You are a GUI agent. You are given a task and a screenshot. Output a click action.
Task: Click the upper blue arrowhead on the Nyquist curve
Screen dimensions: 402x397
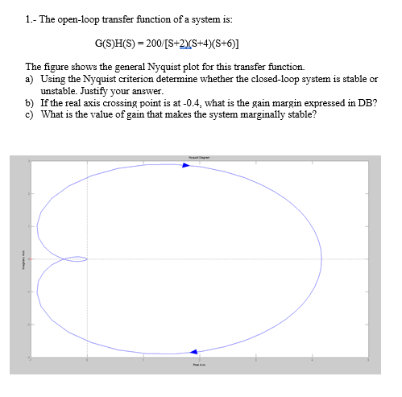[x=185, y=165]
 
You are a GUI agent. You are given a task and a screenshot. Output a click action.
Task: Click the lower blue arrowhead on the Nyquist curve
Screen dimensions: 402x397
[x=193, y=352]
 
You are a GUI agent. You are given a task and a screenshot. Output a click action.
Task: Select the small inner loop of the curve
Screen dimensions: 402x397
[x=75, y=258]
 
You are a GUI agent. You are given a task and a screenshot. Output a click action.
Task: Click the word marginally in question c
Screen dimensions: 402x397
[x=259, y=115]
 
